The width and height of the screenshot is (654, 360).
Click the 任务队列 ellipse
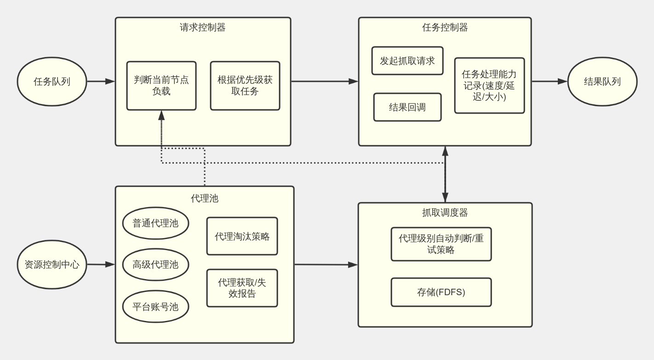52,81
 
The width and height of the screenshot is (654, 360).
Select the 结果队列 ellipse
602,81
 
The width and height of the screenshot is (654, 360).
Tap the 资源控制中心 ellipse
52,264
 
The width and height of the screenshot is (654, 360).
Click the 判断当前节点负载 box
161,86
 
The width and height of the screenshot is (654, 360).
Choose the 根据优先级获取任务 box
245,86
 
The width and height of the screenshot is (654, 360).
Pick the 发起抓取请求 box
407,61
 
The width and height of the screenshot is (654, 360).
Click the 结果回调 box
407,107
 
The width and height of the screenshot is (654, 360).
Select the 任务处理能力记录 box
489,86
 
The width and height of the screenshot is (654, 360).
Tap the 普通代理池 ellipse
155,223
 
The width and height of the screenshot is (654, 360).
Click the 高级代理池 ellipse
155,264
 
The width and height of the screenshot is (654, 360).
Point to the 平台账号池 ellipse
155,306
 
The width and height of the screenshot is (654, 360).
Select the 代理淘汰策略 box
242,236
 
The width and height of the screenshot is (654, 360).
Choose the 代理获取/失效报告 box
242,288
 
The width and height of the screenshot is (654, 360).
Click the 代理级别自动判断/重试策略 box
441,244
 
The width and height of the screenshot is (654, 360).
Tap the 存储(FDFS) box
441,292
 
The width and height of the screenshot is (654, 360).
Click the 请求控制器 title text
203,28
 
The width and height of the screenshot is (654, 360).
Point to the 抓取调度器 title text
445,212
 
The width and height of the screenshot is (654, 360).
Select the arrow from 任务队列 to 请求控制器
101,81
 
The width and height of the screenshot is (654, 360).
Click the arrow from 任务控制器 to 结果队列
549,81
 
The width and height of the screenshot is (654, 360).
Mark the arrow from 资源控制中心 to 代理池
101,264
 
